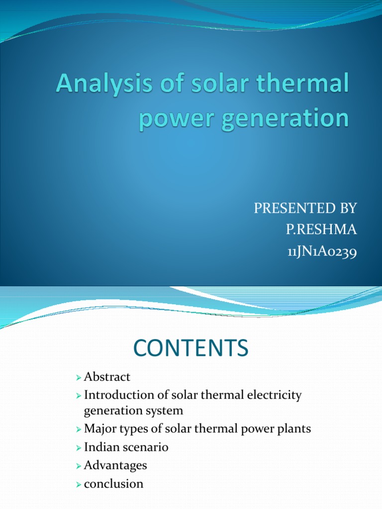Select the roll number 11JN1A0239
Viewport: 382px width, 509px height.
[x=322, y=253]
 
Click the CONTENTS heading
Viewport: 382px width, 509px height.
[x=191, y=348]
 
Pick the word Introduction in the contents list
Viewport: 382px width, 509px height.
[x=118, y=395]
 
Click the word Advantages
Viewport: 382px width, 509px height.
[x=115, y=465]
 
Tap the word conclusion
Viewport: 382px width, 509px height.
[x=113, y=483]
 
